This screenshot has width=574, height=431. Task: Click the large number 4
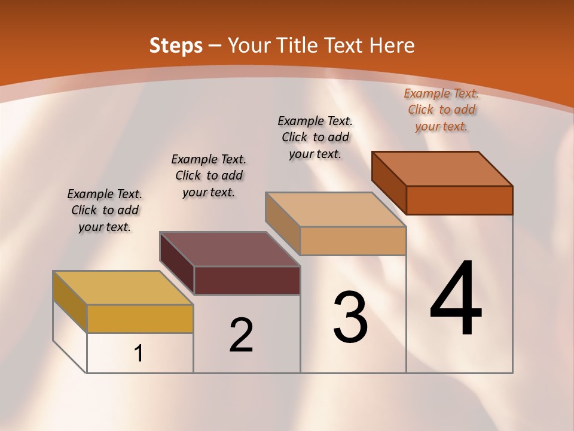(x=456, y=299)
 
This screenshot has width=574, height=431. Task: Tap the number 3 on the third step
(x=350, y=317)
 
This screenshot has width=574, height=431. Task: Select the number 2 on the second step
(x=241, y=335)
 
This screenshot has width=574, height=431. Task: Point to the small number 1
(x=139, y=354)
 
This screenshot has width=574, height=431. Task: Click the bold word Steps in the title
(x=176, y=45)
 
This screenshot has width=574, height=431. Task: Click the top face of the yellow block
(x=123, y=288)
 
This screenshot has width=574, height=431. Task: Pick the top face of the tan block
(x=335, y=210)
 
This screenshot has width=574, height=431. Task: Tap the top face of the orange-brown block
(x=442, y=169)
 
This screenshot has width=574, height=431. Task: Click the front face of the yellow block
(x=140, y=318)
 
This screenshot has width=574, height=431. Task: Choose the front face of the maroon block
(x=247, y=280)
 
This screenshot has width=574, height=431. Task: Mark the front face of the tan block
(x=353, y=241)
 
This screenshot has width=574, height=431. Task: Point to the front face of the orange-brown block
(x=459, y=200)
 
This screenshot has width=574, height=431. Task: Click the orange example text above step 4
(x=441, y=110)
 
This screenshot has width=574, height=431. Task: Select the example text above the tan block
(x=315, y=137)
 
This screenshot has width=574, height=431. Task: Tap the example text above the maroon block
(x=209, y=175)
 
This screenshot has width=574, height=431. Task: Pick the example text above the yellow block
(x=105, y=210)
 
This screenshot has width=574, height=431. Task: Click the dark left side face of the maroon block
(x=177, y=263)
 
